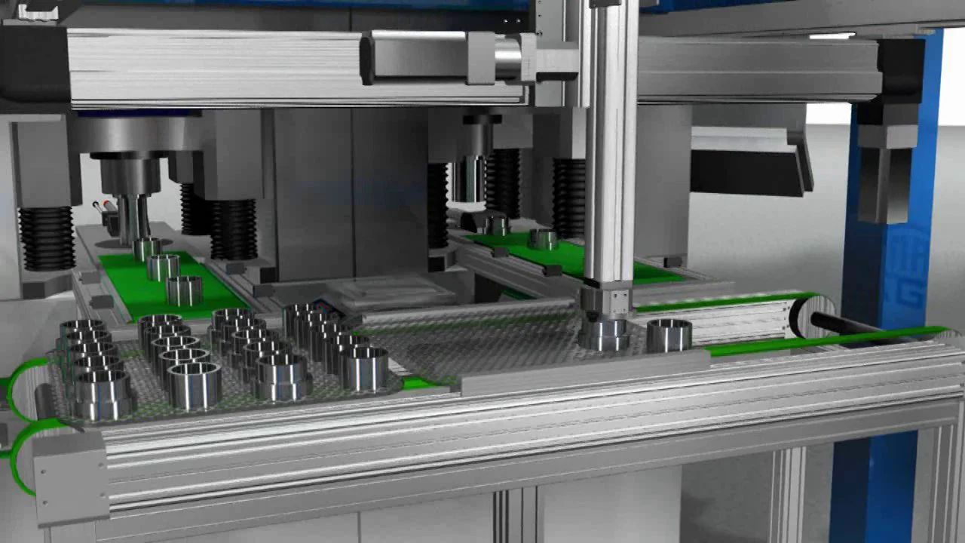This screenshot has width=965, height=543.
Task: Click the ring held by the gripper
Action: (x=604, y=334)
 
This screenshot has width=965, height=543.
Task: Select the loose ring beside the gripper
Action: (x=669, y=335)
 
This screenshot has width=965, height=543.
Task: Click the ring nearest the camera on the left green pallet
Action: (x=184, y=290)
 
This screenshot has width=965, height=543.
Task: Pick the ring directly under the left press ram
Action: (x=146, y=248)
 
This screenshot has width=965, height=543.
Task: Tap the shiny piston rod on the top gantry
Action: (x=507, y=59)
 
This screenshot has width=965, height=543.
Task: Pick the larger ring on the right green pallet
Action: (x=542, y=240)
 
